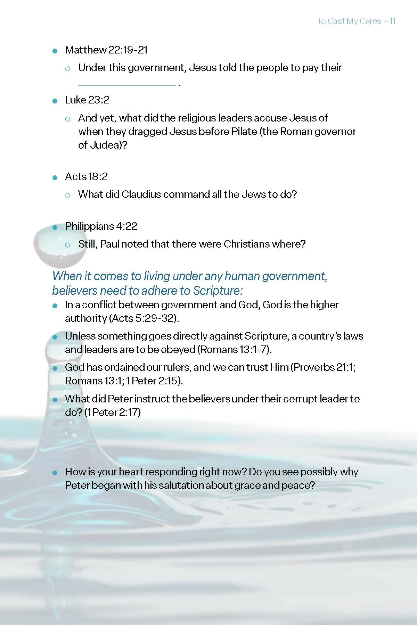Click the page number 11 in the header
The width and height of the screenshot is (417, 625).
click(x=392, y=21)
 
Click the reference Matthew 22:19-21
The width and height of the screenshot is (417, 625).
click(x=106, y=50)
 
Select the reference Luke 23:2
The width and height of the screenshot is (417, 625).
click(x=87, y=100)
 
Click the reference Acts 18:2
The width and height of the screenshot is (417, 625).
click(x=86, y=177)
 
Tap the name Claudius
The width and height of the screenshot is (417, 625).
click(x=141, y=194)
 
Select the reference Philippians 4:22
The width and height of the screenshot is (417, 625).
click(x=101, y=226)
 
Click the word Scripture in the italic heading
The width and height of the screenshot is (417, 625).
click(x=216, y=291)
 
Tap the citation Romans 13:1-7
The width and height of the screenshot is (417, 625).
click(x=235, y=350)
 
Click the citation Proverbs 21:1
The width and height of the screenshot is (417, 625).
click(x=324, y=367)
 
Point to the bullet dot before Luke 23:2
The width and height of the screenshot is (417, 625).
click(x=55, y=101)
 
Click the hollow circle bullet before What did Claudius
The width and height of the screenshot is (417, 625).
click(x=68, y=195)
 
